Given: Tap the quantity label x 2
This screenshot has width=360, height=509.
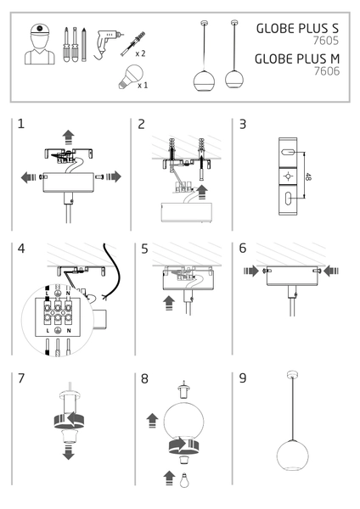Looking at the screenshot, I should click(x=141, y=52).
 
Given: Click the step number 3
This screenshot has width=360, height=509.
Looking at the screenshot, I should click(x=243, y=124).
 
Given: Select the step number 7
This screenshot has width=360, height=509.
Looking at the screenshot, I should click(x=21, y=378).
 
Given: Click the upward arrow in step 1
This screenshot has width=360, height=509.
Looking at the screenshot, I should click(x=69, y=135).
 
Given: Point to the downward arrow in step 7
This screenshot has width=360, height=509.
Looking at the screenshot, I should click(x=68, y=451).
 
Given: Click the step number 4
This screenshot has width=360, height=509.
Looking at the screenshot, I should click(x=21, y=249).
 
